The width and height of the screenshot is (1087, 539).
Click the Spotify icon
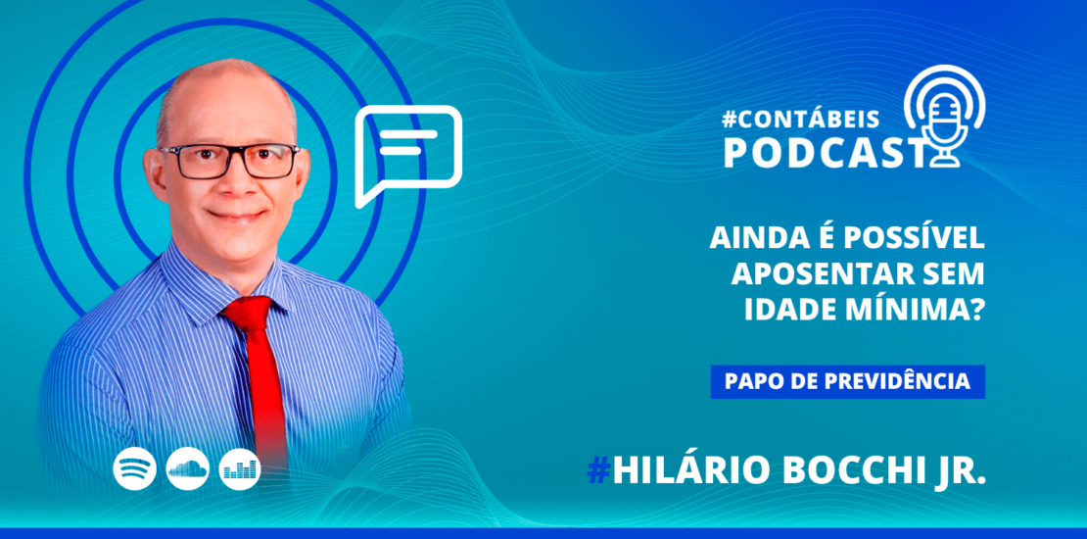[135, 470]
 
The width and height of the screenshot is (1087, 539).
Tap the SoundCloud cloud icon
[187, 470]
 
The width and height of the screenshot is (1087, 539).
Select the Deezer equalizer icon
[240, 470]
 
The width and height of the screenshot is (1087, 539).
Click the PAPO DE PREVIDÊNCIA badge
[847, 381]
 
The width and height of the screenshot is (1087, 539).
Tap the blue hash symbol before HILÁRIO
[597, 471]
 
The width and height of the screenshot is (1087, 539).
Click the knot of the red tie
[248, 314]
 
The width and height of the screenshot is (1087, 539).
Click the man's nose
[233, 181]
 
